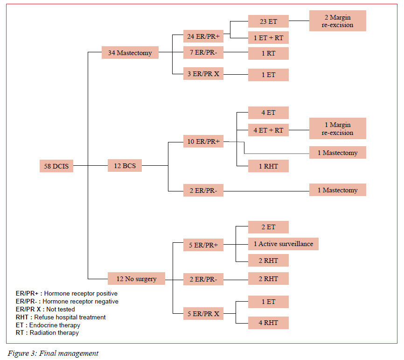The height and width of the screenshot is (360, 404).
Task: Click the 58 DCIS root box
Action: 56,166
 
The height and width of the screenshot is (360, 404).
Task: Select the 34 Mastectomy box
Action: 130,53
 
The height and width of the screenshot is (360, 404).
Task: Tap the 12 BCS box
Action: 125,165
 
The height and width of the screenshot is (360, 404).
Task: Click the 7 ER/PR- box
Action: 203,53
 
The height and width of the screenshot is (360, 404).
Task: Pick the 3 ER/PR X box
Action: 203,74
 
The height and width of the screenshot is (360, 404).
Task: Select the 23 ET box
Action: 268,21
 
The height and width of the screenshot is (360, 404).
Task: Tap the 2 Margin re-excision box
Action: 337,21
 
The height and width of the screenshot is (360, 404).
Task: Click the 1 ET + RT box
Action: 268,38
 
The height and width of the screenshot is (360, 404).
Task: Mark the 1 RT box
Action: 268,53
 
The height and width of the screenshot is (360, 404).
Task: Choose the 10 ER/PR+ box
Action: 203,141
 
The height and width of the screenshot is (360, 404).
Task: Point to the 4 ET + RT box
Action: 268,130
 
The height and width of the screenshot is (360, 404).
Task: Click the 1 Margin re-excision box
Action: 337,128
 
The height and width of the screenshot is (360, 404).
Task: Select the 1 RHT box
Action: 268,166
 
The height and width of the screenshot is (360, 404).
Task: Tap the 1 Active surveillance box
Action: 283,244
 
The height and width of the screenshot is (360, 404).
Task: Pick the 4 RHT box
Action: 268,323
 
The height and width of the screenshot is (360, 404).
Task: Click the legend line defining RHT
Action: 61,317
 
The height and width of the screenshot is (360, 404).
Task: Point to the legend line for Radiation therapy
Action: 47,333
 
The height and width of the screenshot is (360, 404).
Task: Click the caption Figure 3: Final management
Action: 53,353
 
